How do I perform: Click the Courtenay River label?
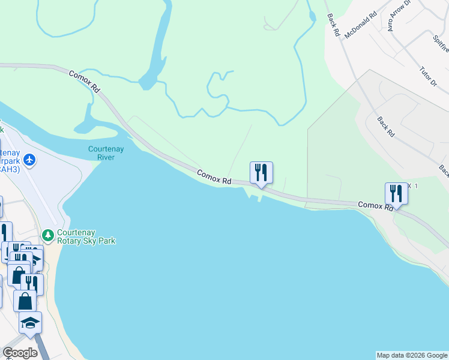click(106, 152)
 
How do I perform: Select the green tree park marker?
click(49, 233)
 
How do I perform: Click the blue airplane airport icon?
click(30, 160)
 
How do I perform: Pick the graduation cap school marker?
click(30, 323)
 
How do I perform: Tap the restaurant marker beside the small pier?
click(261, 172)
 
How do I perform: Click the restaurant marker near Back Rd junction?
click(396, 193)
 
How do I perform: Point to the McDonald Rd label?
click(360, 23)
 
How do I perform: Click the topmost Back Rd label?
click(333, 26)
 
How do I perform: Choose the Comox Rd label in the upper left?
click(84, 82)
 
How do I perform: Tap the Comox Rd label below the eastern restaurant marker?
click(376, 206)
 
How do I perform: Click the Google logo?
click(20, 353)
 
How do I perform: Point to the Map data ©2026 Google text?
click(411, 355)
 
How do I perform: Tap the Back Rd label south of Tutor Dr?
click(385, 127)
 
